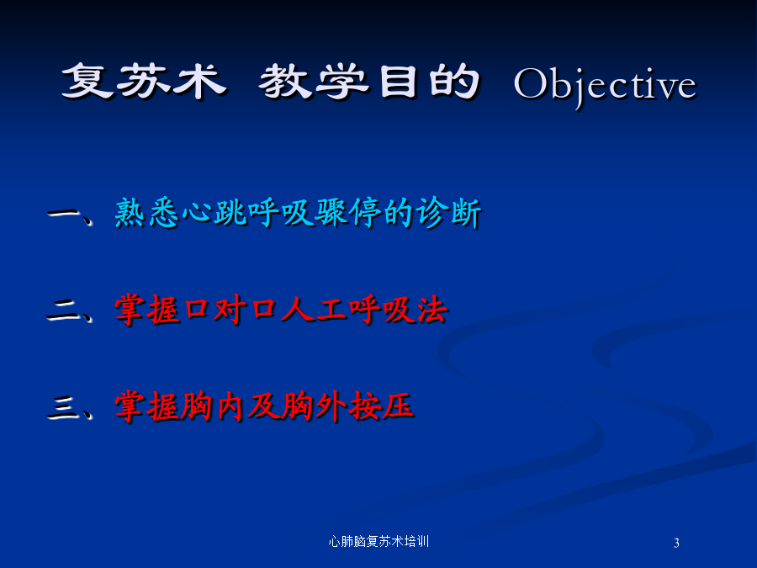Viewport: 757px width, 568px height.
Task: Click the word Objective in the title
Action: [606, 86]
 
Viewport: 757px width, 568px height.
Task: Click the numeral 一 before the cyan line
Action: [63, 214]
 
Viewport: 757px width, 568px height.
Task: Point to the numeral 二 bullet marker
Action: [63, 311]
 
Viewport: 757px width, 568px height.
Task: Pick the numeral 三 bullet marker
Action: [63, 407]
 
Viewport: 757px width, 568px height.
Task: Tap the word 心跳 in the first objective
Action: [214, 212]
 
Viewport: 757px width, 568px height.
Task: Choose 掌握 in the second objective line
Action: [146, 309]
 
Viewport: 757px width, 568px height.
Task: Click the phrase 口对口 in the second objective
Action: [230, 309]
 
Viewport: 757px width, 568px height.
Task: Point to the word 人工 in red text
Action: [314, 309]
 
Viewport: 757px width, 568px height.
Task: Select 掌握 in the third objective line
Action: [146, 406]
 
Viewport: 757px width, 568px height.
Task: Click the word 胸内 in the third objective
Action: [212, 406]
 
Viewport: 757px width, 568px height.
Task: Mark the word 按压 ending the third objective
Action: [381, 406]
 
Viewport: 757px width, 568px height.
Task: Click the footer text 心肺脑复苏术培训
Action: [378, 541]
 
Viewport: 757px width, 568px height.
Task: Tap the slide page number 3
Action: [676, 543]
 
